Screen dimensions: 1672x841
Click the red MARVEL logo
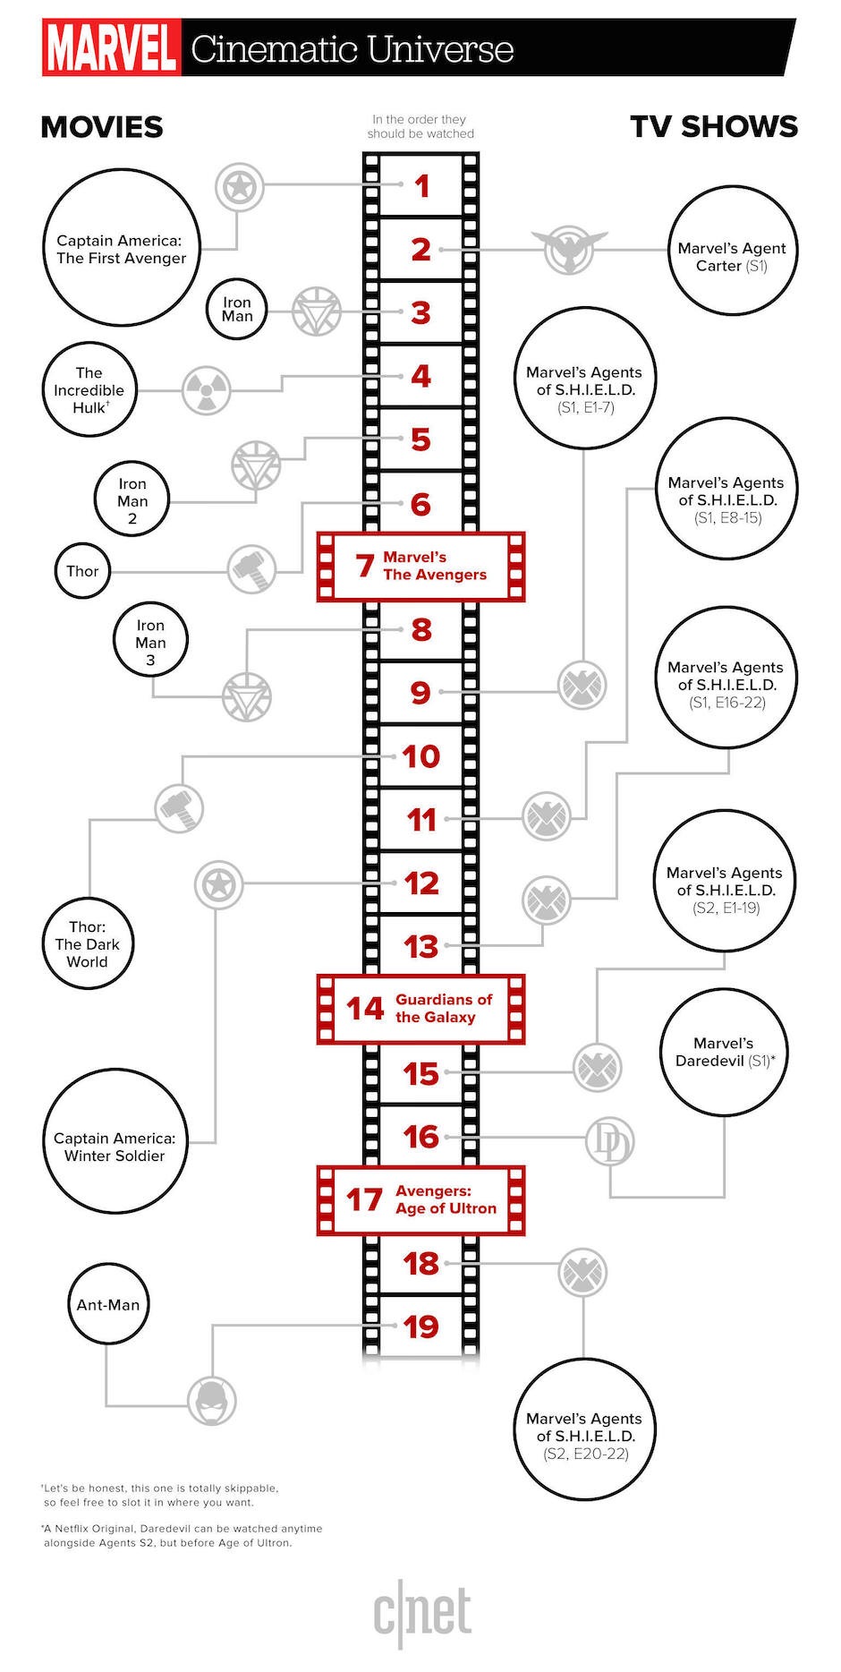(x=111, y=48)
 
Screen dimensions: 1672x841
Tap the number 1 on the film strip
(x=421, y=186)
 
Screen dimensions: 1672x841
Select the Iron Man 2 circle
(x=132, y=499)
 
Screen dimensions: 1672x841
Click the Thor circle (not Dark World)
(x=82, y=571)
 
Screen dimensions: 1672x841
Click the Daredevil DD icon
(x=609, y=1142)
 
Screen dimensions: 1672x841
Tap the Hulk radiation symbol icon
(x=207, y=390)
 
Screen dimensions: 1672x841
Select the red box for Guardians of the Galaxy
(x=420, y=1009)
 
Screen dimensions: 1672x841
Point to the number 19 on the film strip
(x=420, y=1326)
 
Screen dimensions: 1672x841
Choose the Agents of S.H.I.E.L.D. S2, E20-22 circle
(x=584, y=1429)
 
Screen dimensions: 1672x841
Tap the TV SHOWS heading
(x=713, y=126)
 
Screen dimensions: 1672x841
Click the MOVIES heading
(x=102, y=127)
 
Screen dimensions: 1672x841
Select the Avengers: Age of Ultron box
(x=420, y=1199)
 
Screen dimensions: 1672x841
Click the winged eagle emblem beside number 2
(x=569, y=250)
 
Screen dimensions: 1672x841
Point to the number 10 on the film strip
(x=420, y=756)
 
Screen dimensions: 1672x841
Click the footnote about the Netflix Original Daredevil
(x=183, y=1535)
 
